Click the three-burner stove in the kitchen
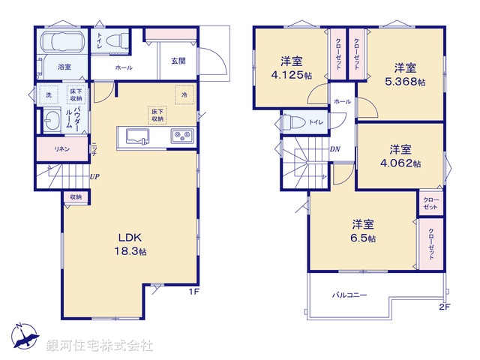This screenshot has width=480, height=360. (182, 136)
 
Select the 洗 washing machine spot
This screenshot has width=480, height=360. (48, 95)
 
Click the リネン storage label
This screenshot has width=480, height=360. (61, 148)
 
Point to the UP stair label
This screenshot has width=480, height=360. (95, 177)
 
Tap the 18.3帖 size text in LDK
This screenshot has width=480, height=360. (130, 250)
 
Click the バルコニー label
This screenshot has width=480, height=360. (349, 295)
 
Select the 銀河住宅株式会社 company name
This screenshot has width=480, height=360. (100, 345)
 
